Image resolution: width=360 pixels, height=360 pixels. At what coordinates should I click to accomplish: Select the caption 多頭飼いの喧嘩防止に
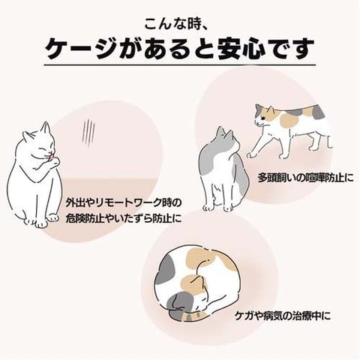coord(306,178)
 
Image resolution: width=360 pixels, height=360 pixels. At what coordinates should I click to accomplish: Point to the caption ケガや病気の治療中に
coord(283,316)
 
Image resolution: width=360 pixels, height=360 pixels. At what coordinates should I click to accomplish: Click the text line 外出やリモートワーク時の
coord(123,203)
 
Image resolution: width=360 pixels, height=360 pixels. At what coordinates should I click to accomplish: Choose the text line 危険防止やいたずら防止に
coord(124,219)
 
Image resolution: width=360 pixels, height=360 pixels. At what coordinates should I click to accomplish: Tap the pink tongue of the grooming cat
coord(51,157)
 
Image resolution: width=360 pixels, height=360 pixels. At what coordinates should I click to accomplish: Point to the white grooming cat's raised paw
coord(55,162)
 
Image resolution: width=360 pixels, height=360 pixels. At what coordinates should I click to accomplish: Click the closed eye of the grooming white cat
coord(44,149)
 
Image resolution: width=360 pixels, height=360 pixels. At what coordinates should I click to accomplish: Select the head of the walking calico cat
coord(265,115)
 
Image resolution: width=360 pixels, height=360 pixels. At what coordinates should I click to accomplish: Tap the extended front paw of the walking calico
coord(251,154)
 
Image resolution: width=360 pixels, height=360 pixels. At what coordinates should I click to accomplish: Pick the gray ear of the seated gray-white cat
coord(220,132)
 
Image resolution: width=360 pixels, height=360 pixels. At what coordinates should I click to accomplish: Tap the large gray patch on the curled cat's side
coord(166,266)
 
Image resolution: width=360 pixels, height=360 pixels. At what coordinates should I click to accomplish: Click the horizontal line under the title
coord(180,65)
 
